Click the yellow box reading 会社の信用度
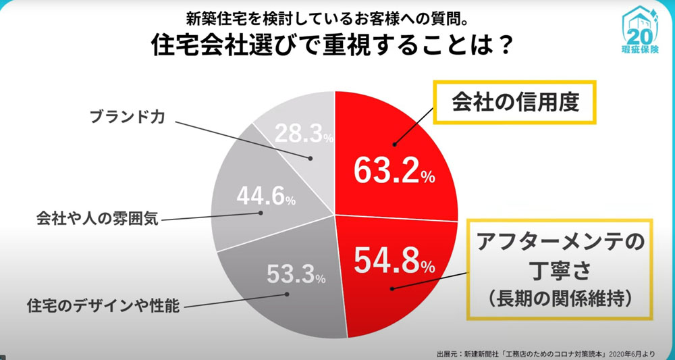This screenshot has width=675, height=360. pyautogui.click(x=514, y=103)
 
